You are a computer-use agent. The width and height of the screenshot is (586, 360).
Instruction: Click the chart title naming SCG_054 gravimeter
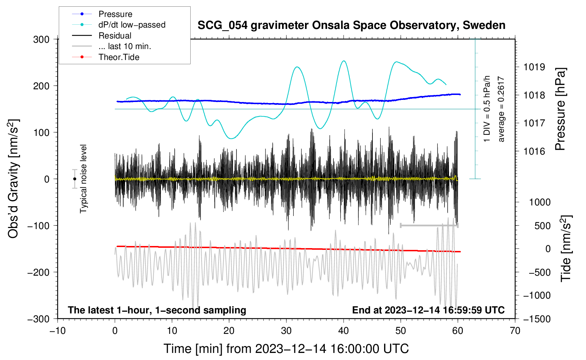tap(351, 25)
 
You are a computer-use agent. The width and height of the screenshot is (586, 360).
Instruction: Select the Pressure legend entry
tap(115, 14)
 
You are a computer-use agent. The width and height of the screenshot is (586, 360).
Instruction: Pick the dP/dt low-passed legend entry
tap(132, 25)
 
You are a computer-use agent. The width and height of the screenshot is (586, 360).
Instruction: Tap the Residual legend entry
tap(115, 36)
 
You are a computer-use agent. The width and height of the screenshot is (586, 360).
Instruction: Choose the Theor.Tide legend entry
tap(119, 57)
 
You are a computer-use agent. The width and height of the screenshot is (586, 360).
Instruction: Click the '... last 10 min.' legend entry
tap(125, 46)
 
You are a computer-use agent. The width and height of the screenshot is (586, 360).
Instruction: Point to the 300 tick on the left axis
tap(41, 40)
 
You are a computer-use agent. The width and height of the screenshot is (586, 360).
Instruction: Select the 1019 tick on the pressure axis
tap(534, 67)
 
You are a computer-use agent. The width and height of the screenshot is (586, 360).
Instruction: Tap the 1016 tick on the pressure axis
tap(534, 151)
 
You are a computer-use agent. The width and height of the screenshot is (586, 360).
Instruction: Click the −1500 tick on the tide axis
tap(537, 319)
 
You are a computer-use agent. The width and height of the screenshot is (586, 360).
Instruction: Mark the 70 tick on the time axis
tap(515, 331)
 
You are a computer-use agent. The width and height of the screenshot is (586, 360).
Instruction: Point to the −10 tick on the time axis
tap(58, 331)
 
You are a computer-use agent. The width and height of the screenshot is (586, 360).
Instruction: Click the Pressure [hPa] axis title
tap(560, 109)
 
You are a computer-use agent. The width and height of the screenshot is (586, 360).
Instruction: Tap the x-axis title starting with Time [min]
tap(286, 349)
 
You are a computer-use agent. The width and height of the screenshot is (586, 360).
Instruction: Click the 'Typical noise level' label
tap(83, 179)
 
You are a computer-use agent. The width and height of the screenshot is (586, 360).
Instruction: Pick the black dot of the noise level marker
tap(74, 179)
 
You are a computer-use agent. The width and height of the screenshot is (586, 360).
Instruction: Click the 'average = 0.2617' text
tap(501, 109)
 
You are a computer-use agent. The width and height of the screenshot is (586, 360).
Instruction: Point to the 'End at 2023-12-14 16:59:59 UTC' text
tap(428, 310)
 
